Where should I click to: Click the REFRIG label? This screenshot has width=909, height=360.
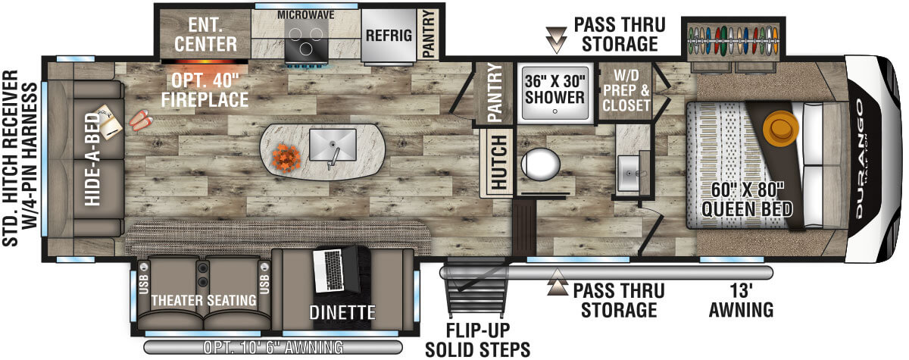click(389, 35)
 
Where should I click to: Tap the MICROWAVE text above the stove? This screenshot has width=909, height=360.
click(306, 15)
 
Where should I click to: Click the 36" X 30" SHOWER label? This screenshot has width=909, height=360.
click(555, 88)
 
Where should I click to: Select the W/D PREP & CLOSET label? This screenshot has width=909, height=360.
click(626, 91)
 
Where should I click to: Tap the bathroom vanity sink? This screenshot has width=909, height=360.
click(629, 174)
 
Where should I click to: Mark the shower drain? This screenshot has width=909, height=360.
click(555, 111)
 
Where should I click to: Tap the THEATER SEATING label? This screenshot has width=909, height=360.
click(203, 300)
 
